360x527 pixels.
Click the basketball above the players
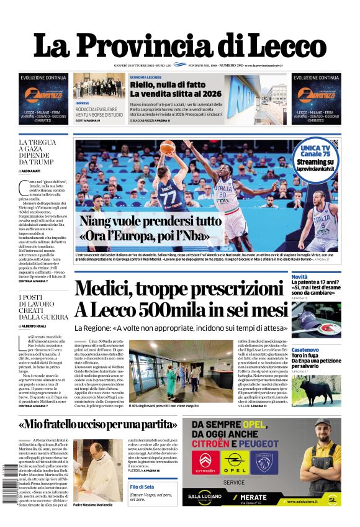(167, 148)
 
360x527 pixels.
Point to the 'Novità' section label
(300, 276)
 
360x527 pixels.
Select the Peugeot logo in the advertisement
(269, 463)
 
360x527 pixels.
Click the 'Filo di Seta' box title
(142, 487)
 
